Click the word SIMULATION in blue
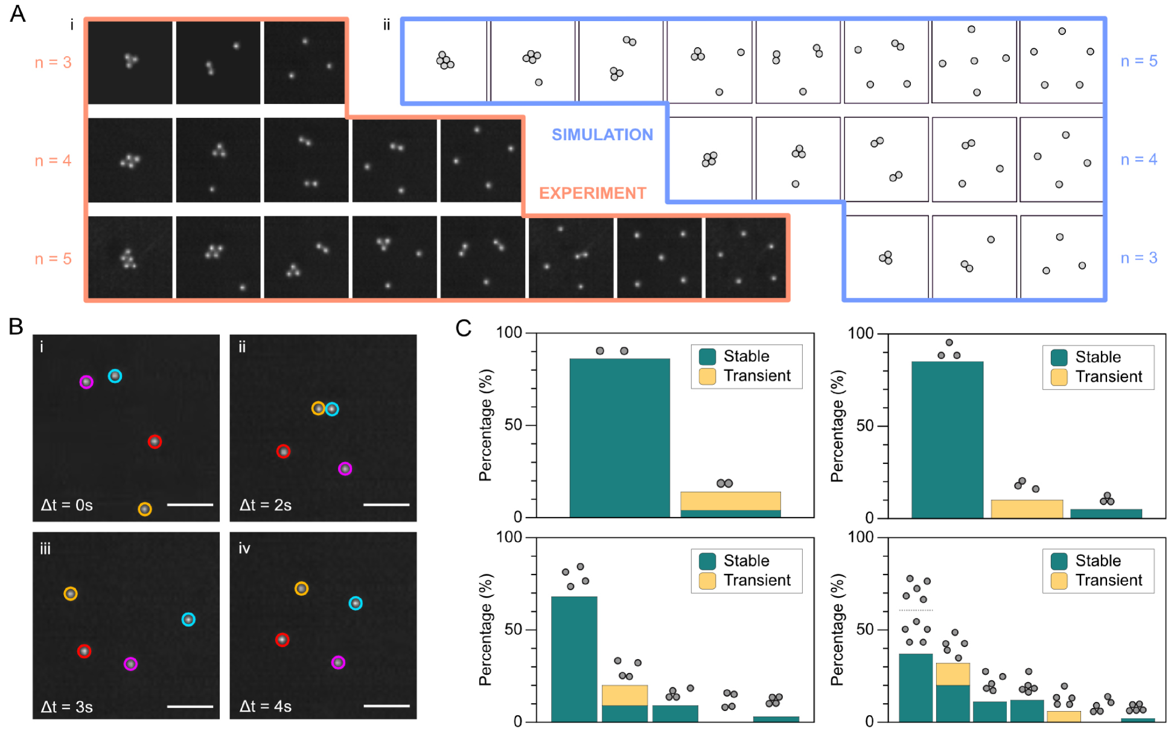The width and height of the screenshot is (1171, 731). point(602,135)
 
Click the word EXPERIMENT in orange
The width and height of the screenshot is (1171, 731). point(592,193)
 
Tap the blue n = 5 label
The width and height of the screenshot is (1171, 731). point(1138,61)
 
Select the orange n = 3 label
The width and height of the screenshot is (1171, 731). point(53,62)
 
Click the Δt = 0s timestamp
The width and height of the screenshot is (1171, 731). point(66,505)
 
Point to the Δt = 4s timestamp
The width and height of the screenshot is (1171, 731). point(266,706)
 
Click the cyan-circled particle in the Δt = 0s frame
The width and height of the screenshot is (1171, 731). point(115,376)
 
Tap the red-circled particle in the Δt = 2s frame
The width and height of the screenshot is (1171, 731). point(283,451)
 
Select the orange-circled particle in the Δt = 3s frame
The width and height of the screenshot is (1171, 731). point(71,594)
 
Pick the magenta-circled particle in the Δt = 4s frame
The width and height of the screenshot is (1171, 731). point(339,663)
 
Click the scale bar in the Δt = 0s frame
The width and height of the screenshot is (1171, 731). point(190,504)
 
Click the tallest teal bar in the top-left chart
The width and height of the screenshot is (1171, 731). point(619,438)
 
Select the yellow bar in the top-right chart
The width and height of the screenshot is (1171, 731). point(1026,509)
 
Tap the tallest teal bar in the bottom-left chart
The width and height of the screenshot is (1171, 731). point(574,659)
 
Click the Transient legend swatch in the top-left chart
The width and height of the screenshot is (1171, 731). point(707,376)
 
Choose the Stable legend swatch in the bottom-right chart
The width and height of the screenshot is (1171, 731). point(1059,561)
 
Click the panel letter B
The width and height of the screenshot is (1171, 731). point(16,327)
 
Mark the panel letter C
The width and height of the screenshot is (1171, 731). point(463,328)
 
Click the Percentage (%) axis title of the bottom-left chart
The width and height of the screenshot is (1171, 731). point(485,630)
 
